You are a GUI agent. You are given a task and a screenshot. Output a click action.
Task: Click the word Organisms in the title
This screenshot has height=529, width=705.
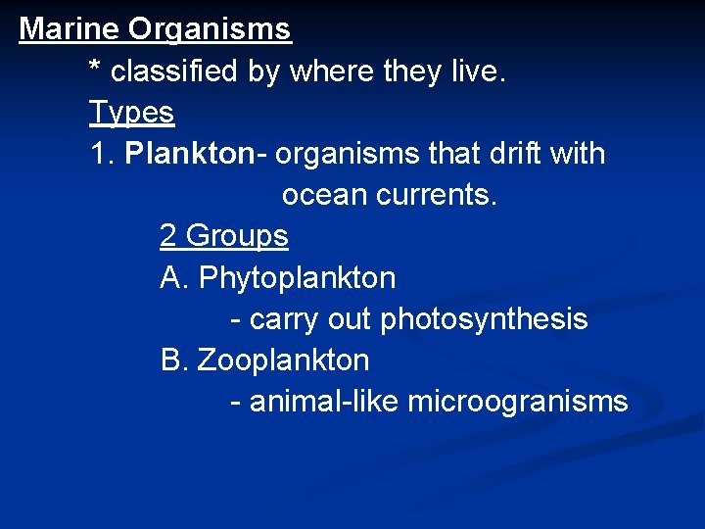pyautogui.click(x=210, y=29)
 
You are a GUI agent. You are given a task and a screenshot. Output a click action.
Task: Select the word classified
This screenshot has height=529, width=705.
pyautogui.click(x=176, y=72)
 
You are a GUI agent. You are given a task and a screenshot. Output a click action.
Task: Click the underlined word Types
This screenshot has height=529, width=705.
pyautogui.click(x=131, y=114)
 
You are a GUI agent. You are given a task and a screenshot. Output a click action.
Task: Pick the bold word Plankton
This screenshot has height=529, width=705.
pyautogui.click(x=189, y=154)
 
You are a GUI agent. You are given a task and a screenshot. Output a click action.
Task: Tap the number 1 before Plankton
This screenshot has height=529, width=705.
pyautogui.click(x=98, y=154)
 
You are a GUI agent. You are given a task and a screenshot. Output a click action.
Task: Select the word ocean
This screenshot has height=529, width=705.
pyautogui.click(x=324, y=195)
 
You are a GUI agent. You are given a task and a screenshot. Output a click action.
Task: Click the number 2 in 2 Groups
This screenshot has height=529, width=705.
pyautogui.click(x=168, y=236)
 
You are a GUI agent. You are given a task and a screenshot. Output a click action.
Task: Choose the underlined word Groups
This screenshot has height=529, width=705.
pyautogui.click(x=237, y=237)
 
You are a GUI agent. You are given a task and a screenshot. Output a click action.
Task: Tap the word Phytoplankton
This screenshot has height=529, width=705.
pyautogui.click(x=297, y=278)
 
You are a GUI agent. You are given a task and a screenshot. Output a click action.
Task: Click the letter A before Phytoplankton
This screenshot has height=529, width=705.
pyautogui.click(x=172, y=278)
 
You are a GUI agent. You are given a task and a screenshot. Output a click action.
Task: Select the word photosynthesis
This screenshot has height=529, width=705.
pyautogui.click(x=484, y=319)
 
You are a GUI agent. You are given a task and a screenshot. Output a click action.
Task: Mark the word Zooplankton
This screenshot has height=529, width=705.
pyautogui.click(x=283, y=361)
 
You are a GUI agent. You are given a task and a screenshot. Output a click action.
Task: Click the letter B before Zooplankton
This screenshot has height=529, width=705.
pyautogui.click(x=172, y=361)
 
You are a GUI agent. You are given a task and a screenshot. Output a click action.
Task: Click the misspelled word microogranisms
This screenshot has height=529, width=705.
pyautogui.click(x=517, y=402)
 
